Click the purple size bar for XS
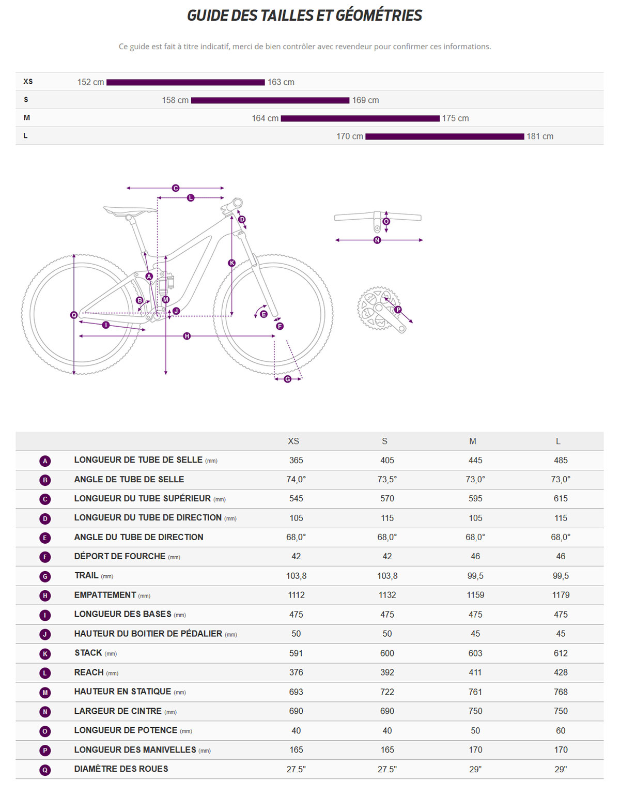(x=185, y=82)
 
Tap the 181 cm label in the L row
(x=540, y=136)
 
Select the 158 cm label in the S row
(x=175, y=100)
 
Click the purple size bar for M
(x=360, y=118)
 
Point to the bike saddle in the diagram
(x=129, y=210)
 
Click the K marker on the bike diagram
(x=232, y=263)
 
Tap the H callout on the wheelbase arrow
(x=187, y=336)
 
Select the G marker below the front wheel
(x=288, y=379)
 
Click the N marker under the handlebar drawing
(x=377, y=240)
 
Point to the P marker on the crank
(x=398, y=310)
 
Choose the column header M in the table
(x=473, y=441)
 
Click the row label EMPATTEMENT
(x=105, y=595)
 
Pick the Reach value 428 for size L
(x=561, y=672)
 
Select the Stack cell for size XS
(x=296, y=653)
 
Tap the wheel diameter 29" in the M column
(x=475, y=769)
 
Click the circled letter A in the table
(x=45, y=461)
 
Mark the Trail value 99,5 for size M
(x=475, y=576)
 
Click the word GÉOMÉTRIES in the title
(x=379, y=16)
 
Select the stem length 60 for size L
(x=561, y=731)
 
